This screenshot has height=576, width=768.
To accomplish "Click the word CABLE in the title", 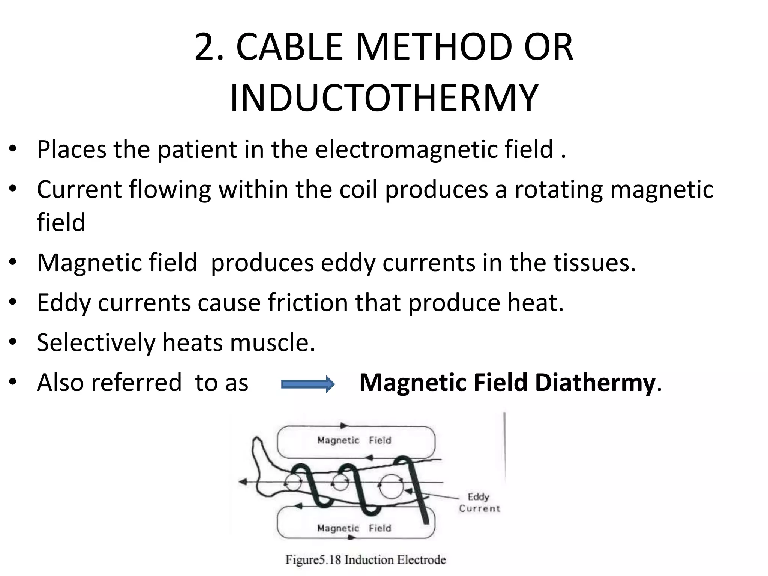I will pyautogui.click(x=289, y=48).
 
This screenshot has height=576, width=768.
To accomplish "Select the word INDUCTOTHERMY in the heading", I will pyautogui.click(x=384, y=99).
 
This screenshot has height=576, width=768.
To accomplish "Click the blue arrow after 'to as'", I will pyautogui.click(x=307, y=384).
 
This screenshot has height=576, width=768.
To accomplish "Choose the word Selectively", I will pyautogui.click(x=96, y=342).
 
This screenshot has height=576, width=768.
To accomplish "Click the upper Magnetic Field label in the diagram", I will pyautogui.click(x=354, y=440).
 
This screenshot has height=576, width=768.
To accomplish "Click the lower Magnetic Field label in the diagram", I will pyautogui.click(x=354, y=528).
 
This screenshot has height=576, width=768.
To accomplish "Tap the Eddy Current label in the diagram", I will pyautogui.click(x=479, y=502).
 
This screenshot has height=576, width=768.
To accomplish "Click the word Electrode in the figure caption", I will pyautogui.click(x=421, y=560).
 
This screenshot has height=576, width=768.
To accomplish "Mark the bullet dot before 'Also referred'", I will pyautogui.click(x=13, y=382).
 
